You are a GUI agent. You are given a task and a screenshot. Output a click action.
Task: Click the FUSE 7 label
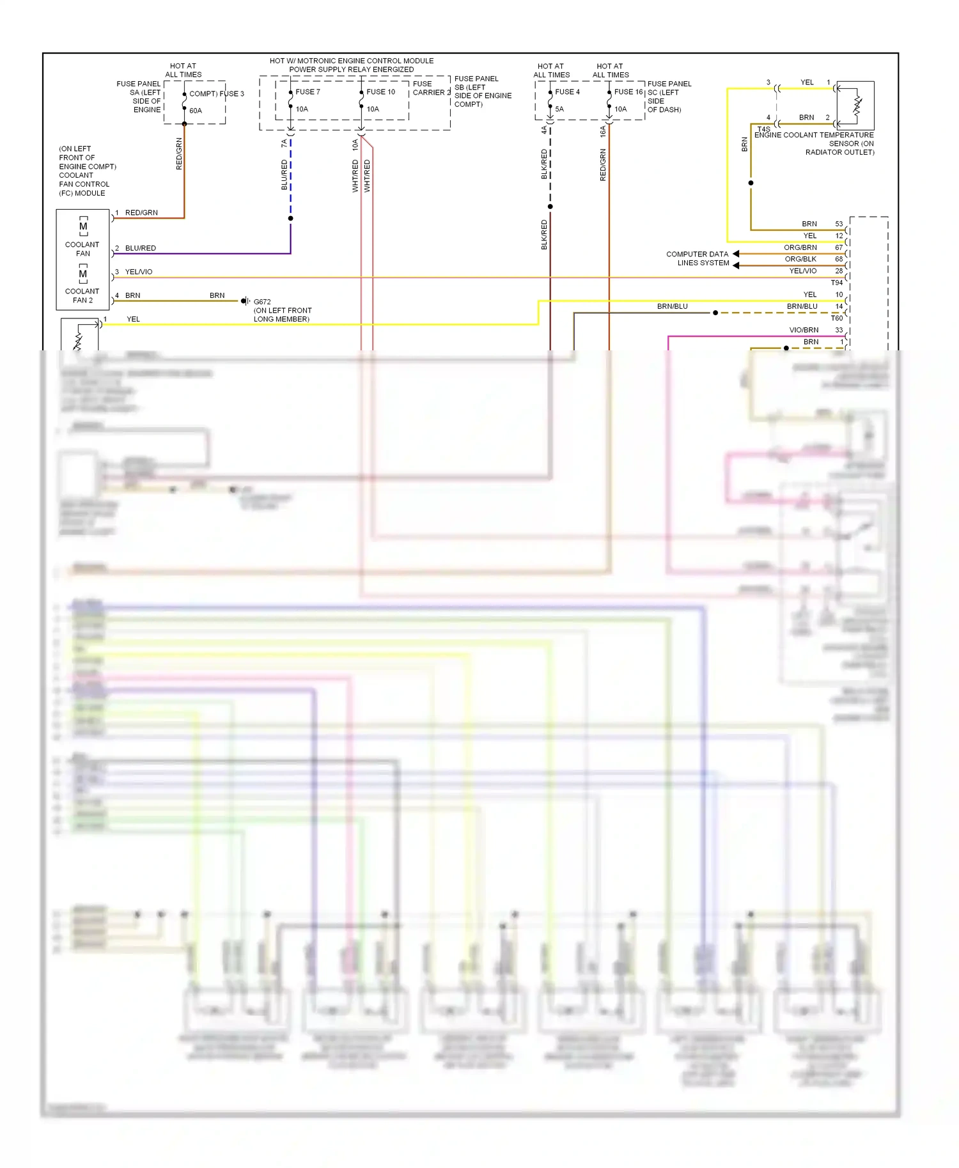308,92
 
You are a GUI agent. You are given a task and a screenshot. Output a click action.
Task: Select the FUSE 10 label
380,92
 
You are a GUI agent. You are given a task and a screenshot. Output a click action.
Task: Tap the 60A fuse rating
196,111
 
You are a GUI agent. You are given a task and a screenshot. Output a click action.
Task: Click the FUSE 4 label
567,92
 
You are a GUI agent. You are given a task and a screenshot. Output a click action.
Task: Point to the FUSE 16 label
628,92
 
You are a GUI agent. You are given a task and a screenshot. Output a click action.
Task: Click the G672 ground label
262,302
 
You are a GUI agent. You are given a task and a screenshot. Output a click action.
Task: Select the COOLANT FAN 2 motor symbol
83,274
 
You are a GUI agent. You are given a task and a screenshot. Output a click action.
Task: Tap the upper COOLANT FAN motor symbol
83,227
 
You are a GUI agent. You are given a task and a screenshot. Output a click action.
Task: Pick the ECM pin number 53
839,224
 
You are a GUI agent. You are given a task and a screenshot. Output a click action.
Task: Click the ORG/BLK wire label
800,259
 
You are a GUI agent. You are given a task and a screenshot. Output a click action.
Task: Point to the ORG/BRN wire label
800,247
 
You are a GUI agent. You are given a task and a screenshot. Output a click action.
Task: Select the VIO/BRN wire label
804,330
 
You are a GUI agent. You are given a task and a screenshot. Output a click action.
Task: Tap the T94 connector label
836,283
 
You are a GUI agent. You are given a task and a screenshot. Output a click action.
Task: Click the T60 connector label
836,318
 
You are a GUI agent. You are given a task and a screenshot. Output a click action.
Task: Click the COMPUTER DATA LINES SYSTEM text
698,258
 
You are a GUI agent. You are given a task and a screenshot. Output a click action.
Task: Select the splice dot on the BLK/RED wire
550,206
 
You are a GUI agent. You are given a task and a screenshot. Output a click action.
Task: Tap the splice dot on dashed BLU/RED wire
290,219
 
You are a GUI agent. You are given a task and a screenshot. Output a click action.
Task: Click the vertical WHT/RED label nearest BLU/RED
355,176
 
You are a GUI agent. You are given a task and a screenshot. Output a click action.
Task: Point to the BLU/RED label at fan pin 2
140,248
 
